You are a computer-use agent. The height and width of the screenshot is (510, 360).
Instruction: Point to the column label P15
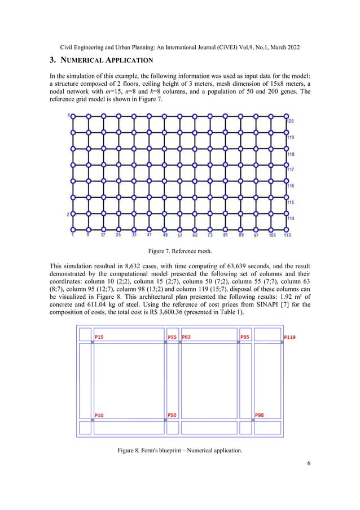pyautogui.click(x=99, y=337)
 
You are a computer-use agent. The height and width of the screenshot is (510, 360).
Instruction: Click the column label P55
pyautogui.click(x=172, y=337)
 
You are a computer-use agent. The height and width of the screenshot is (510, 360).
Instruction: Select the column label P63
pyautogui.click(x=186, y=337)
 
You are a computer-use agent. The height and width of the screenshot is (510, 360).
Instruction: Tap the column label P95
pyautogui.click(x=245, y=337)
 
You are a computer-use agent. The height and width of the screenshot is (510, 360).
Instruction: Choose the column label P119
pyautogui.click(x=289, y=337)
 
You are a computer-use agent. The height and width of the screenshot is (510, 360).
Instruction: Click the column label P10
pyautogui.click(x=99, y=415)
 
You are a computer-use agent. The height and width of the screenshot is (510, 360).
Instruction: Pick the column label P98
pyautogui.click(x=260, y=415)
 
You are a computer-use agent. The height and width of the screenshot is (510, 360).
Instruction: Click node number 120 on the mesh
pyautogui.click(x=290, y=121)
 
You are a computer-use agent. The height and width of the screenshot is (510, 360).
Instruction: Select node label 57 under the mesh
pyautogui.click(x=179, y=235)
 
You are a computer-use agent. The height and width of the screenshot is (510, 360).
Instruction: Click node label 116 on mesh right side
pyautogui.click(x=290, y=186)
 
